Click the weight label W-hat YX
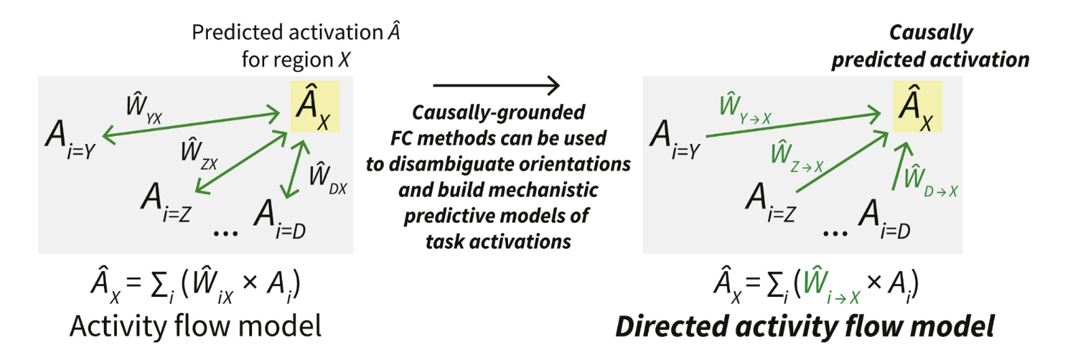tap(143, 109)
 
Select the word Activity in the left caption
tap(115, 327)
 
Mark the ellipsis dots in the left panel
tap(226, 233)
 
